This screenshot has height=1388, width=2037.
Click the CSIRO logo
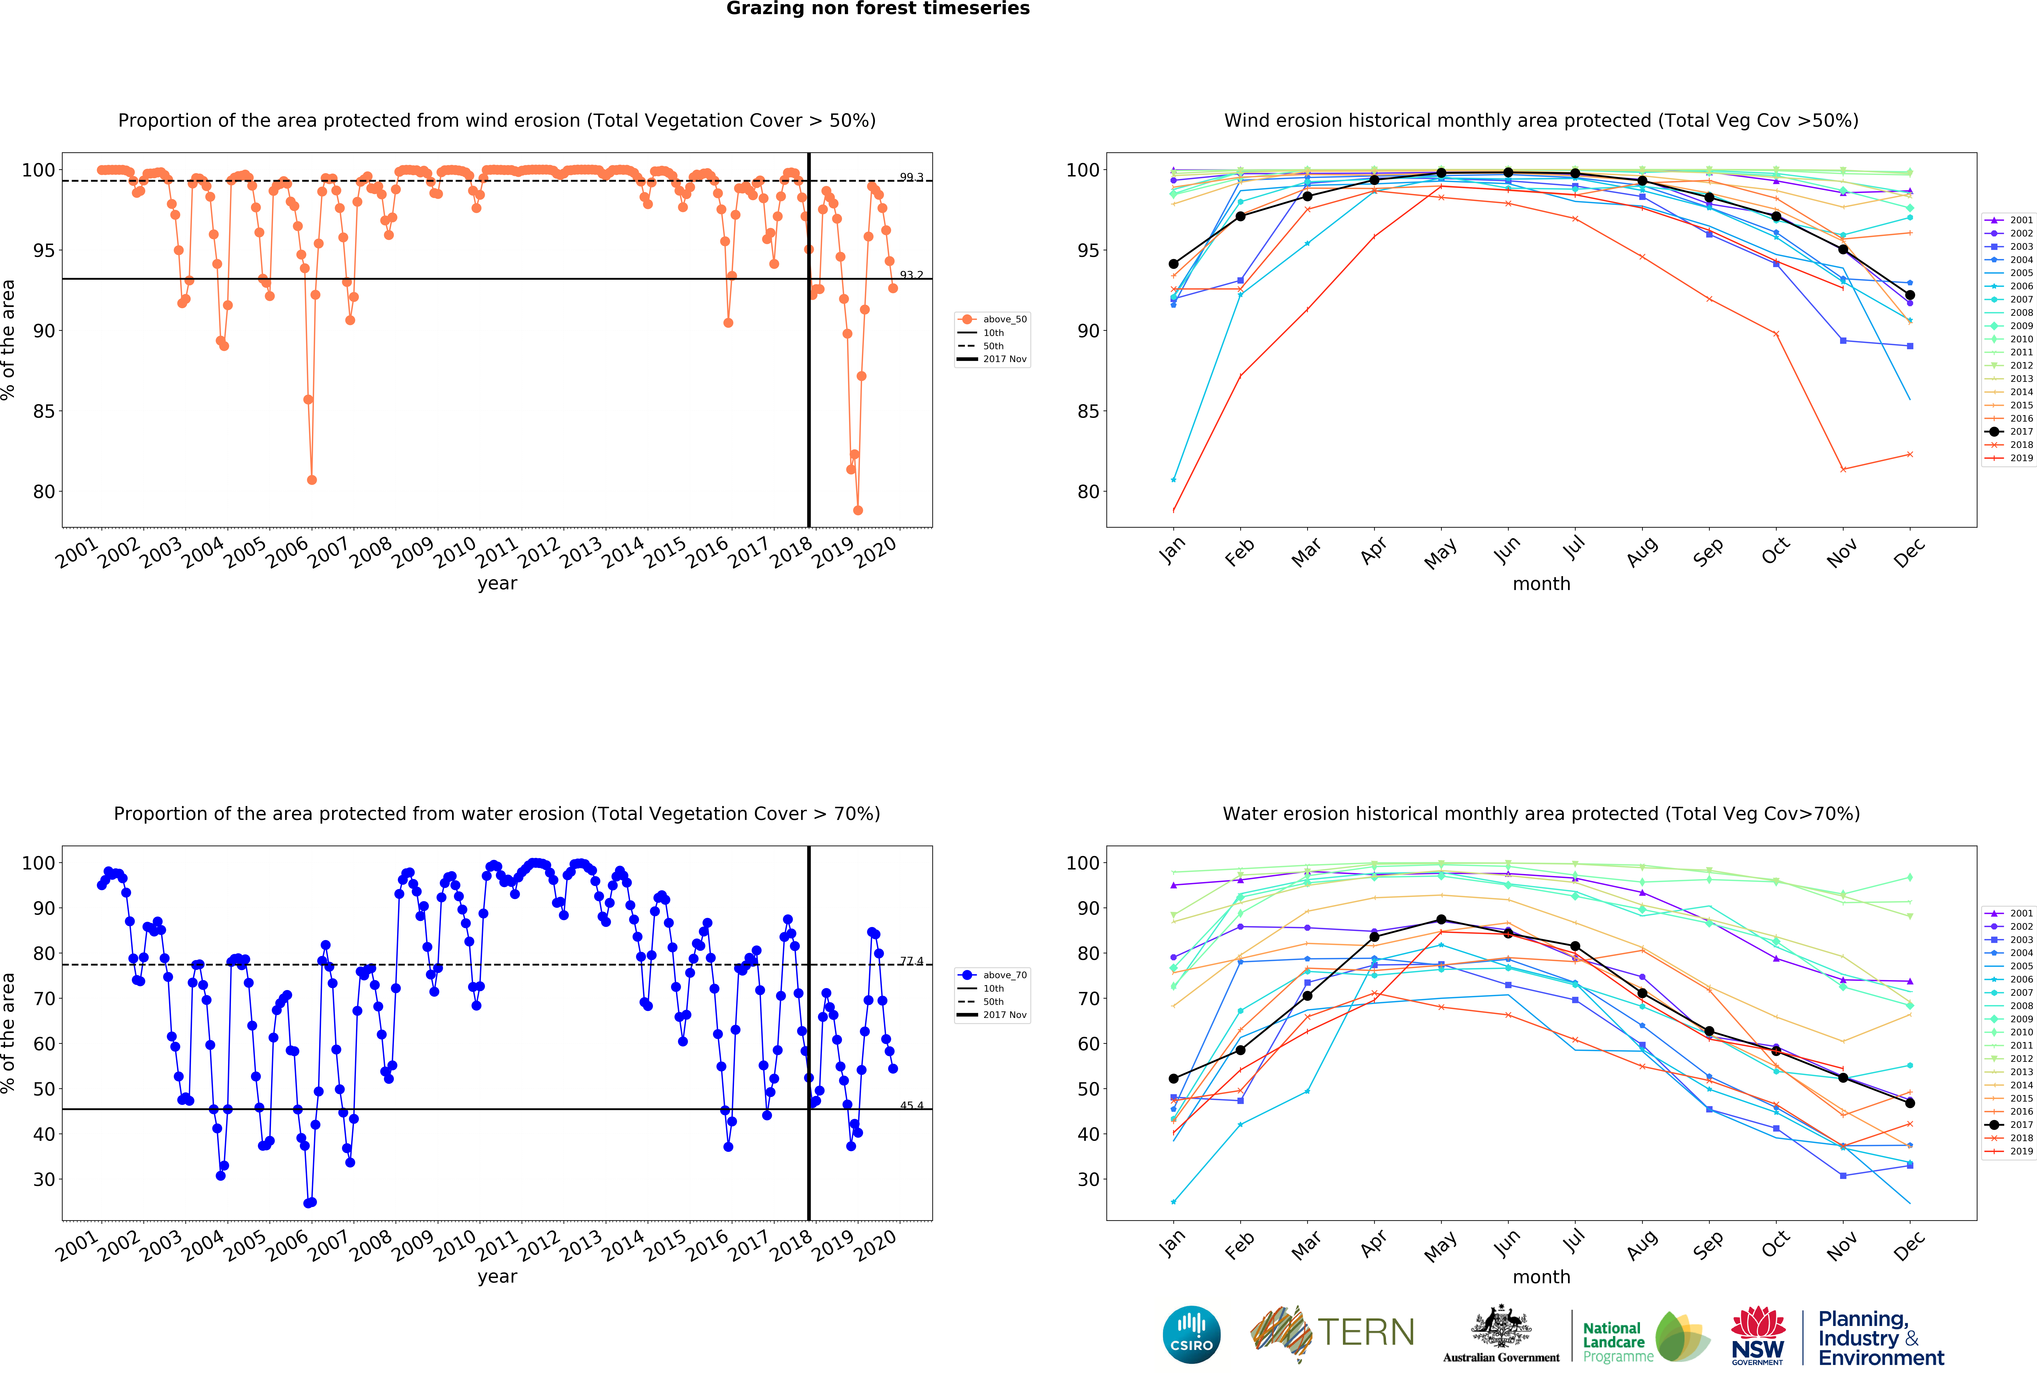point(1191,1335)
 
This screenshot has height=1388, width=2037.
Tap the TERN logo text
point(1366,1333)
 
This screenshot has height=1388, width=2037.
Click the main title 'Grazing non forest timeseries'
point(877,9)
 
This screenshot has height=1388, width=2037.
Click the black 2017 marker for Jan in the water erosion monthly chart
point(1174,1079)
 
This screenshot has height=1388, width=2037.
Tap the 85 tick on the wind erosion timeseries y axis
point(44,411)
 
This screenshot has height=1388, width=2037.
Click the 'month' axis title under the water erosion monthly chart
point(1541,1277)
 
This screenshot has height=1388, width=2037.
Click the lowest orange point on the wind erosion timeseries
point(858,510)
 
